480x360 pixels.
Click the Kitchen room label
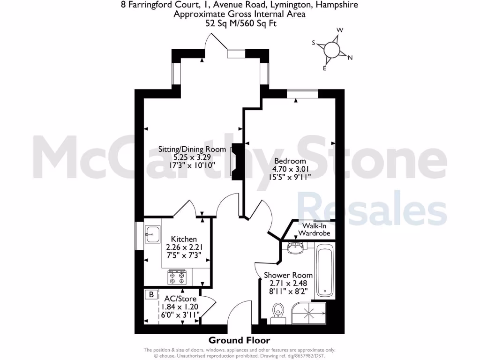(x=184, y=239)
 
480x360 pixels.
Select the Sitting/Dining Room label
(x=192, y=150)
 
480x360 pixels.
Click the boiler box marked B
(x=151, y=295)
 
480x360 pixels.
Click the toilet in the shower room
(x=279, y=310)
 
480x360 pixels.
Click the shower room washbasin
(x=295, y=248)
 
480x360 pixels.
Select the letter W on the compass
(x=341, y=30)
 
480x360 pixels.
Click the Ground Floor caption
(x=239, y=340)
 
